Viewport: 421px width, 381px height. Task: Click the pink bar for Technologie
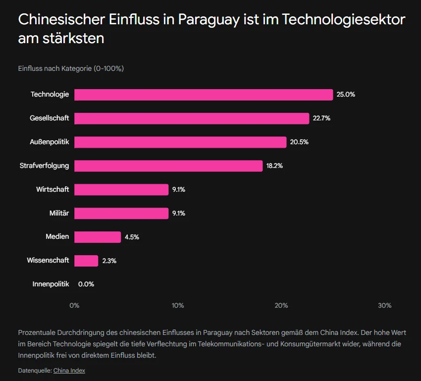point(204,95)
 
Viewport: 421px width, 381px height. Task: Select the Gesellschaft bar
point(192,118)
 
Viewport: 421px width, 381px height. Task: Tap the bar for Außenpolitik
point(180,142)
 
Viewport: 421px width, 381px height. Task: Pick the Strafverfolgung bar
point(168,166)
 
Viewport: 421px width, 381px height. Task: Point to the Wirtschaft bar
point(121,190)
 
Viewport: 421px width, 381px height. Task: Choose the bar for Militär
point(121,214)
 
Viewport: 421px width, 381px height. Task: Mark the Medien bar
point(98,237)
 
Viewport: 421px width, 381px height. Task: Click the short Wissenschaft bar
point(86,261)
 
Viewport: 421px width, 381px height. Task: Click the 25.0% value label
point(346,95)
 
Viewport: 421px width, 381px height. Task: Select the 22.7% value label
point(321,118)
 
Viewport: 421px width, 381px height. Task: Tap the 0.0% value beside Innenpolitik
point(86,284)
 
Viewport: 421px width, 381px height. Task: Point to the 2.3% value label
point(109,261)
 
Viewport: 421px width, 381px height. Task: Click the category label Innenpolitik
point(51,284)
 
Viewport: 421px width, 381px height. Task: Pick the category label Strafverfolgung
point(44,166)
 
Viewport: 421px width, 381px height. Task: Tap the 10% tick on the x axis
point(178,306)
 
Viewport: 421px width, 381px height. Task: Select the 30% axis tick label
point(385,306)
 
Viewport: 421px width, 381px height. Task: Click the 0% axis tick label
point(74,306)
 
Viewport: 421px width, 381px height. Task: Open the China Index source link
point(69,371)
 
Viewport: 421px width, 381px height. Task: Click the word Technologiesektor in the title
point(344,20)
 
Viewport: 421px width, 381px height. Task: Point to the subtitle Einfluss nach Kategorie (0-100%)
point(71,68)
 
